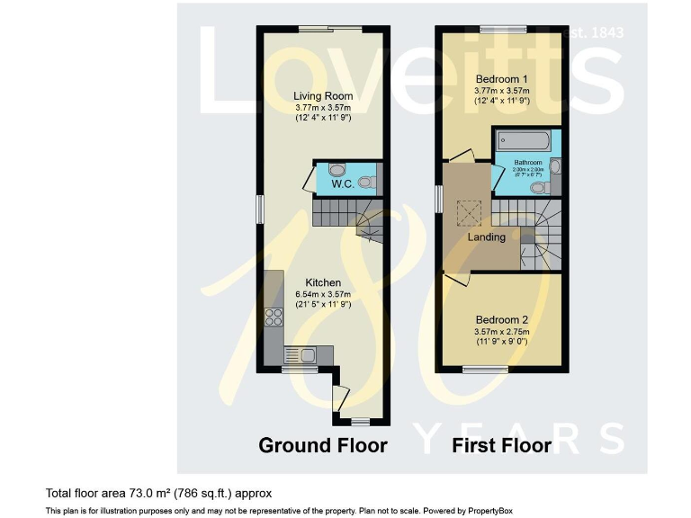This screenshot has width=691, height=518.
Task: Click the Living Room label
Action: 324,95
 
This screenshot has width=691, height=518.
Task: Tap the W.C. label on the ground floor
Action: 342,184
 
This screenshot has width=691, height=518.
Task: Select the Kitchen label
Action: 322,282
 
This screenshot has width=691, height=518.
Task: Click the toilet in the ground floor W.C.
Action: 366,183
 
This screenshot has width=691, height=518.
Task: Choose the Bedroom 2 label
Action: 501,319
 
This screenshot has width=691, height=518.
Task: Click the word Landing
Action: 486,237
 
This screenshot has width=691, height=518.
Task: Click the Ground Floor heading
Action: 323,444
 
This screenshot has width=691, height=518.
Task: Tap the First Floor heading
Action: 501,444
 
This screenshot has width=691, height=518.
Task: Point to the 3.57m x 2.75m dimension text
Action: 501,331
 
